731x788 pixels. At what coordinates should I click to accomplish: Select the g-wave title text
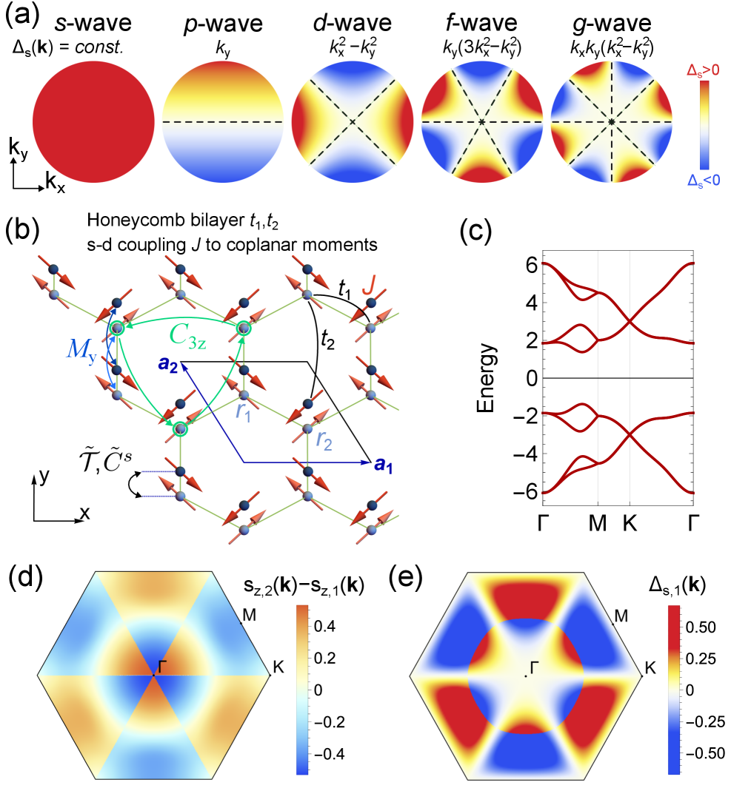click(610, 24)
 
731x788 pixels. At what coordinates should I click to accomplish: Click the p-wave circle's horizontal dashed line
click(222, 121)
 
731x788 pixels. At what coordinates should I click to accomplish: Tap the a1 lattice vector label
click(384, 464)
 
